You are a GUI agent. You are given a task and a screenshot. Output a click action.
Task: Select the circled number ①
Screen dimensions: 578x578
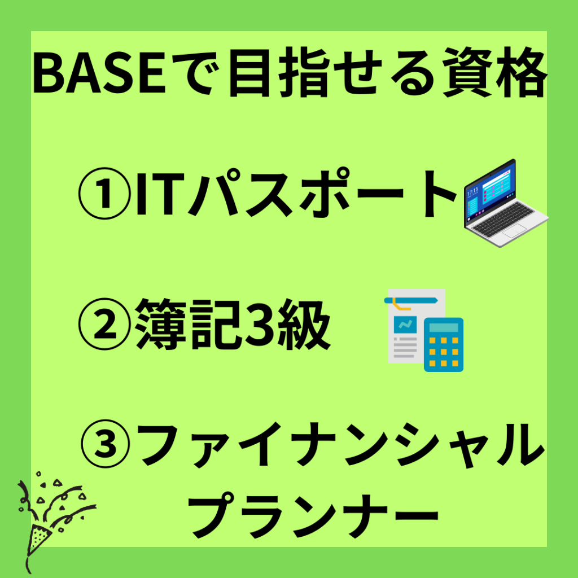pyautogui.click(x=104, y=193)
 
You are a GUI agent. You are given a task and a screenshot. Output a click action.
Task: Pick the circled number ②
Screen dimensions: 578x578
pyautogui.click(x=104, y=323)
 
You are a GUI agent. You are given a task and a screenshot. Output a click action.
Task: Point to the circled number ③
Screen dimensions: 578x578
pyautogui.click(x=105, y=445)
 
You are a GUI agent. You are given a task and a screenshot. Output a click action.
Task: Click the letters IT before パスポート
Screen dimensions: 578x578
pyautogui.click(x=155, y=193)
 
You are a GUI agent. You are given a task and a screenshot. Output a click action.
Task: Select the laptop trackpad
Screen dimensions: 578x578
pyautogui.click(x=514, y=231)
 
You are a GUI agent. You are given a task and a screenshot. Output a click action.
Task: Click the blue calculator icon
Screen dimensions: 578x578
pyautogui.click(x=444, y=345)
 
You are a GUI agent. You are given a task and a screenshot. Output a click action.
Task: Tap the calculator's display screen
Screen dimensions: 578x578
pyautogui.click(x=444, y=328)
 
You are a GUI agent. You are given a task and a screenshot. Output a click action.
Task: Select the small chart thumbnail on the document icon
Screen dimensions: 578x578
pyautogui.click(x=405, y=325)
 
